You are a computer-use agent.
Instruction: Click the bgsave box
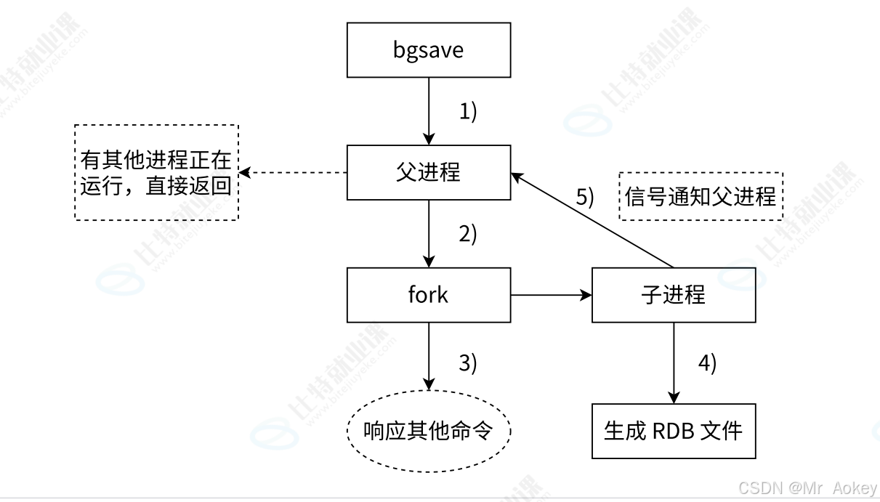point(428,50)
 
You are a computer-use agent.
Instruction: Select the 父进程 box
point(428,172)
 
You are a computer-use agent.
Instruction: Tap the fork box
point(428,295)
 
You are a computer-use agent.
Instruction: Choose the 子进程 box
point(674,295)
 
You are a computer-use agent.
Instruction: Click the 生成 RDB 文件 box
point(674,431)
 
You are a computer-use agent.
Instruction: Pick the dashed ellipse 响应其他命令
point(428,431)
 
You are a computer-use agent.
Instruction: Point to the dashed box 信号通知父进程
point(701,196)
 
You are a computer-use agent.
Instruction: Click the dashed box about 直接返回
point(156,172)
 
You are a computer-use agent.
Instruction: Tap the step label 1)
point(467,112)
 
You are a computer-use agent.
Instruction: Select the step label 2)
point(467,235)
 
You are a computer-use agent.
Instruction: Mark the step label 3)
point(467,363)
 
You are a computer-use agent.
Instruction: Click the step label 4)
point(707,363)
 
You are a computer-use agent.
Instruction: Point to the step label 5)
point(585,197)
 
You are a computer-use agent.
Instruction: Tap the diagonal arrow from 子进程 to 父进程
point(592,220)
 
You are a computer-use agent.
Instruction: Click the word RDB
point(672,431)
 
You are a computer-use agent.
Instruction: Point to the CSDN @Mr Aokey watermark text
point(807,488)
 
